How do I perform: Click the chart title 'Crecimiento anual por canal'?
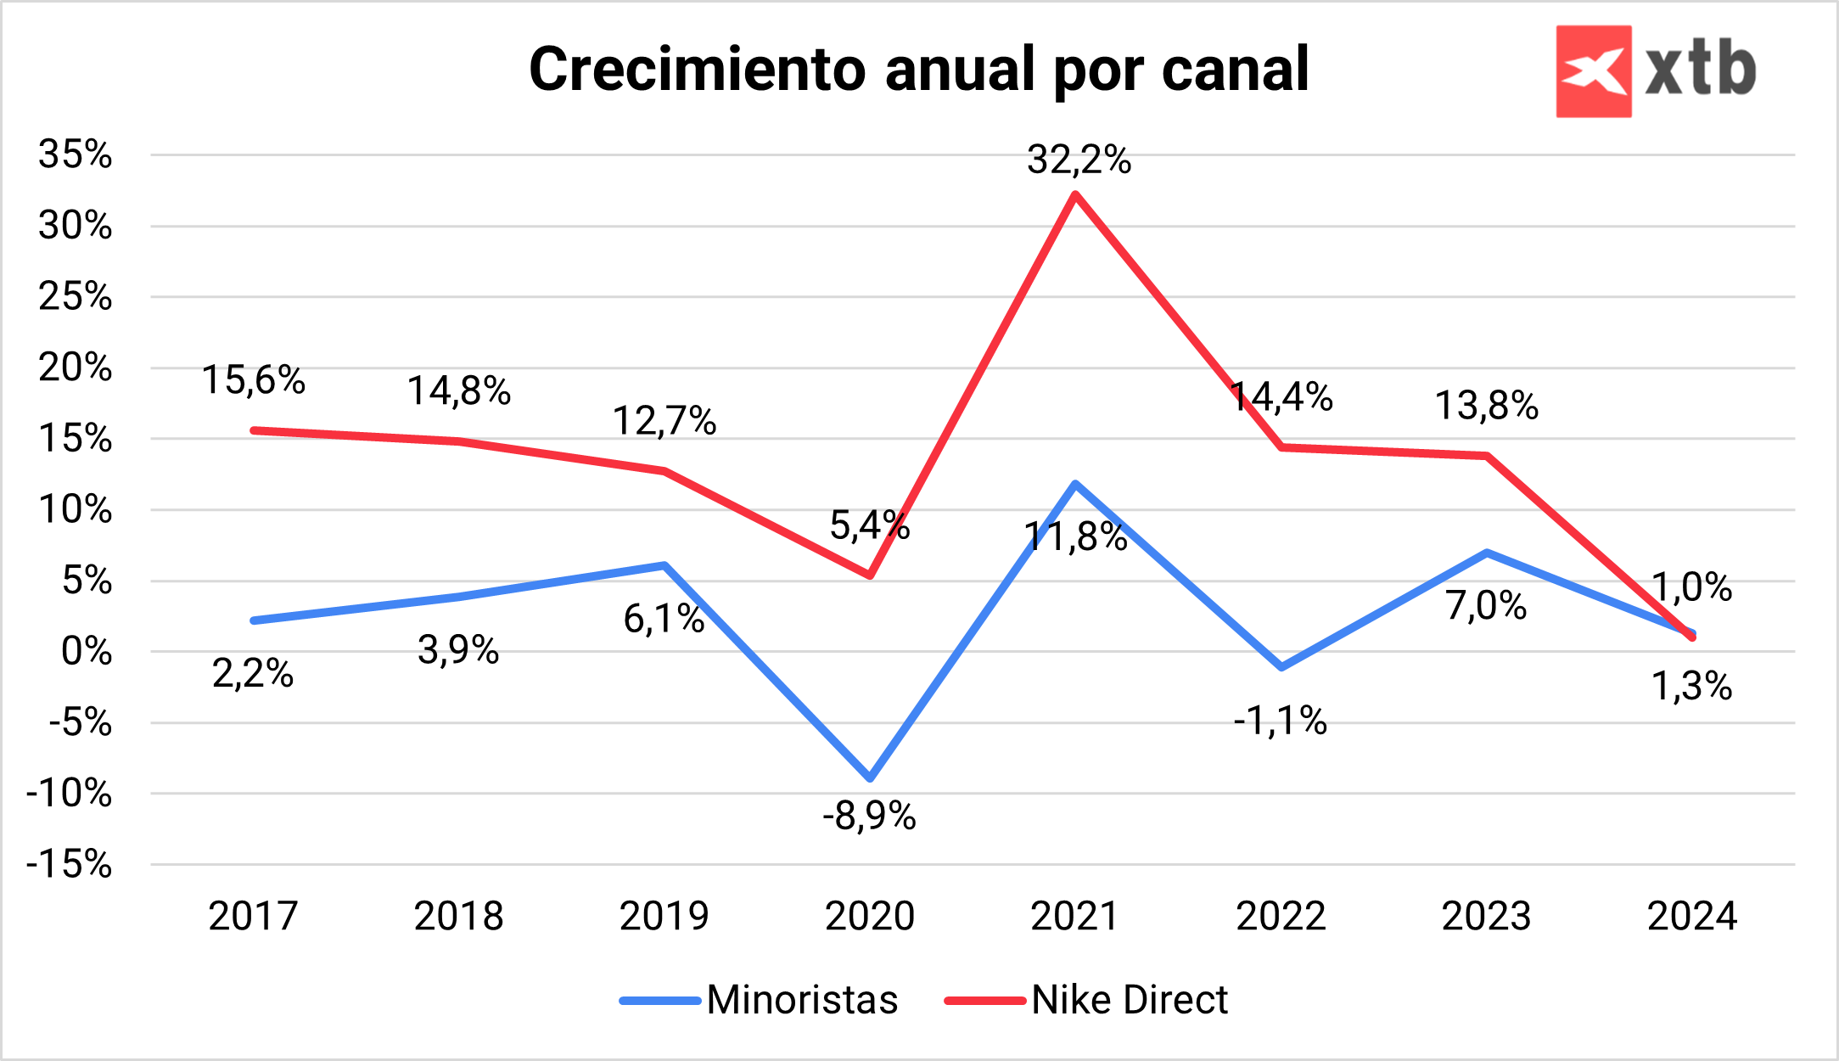tap(918, 70)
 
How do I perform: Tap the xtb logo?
tap(1655, 71)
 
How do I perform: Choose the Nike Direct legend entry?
tap(1086, 1000)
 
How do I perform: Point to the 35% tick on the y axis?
tap(76, 154)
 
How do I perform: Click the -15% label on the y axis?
tap(70, 865)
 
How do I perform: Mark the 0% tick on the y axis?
tap(87, 652)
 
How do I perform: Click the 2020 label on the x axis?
tap(870, 916)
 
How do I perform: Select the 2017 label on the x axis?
tap(253, 916)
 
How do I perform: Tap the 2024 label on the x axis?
tap(1692, 916)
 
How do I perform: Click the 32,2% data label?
tap(1079, 160)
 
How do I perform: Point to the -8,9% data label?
tap(869, 817)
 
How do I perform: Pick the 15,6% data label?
tap(253, 379)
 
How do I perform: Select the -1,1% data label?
tap(1280, 721)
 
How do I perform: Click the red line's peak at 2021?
tap(1075, 195)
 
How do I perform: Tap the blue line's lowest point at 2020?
tap(871, 778)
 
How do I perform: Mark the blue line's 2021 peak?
tap(1075, 485)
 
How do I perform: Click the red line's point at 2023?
tap(1487, 456)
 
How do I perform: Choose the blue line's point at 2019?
tap(664, 565)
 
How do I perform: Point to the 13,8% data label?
tap(1486, 406)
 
